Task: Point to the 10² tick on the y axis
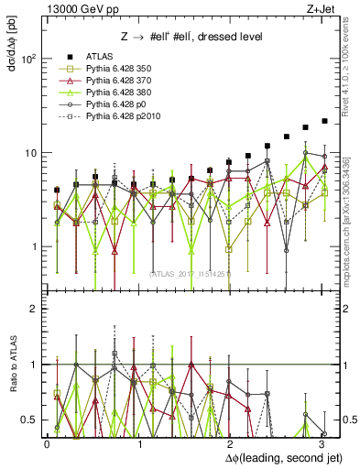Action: click(x=28, y=59)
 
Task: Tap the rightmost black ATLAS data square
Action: click(x=324, y=121)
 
